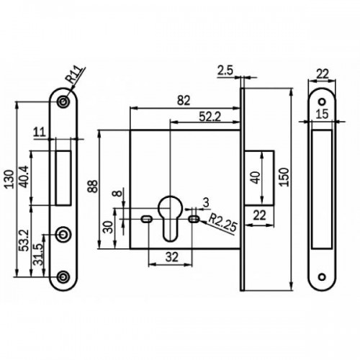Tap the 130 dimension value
point(9,179)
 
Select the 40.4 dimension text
point(24,176)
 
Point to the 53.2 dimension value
point(24,240)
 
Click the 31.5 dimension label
point(38,254)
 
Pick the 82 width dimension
point(184,101)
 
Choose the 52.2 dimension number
point(210,117)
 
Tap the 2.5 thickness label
point(225,71)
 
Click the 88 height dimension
point(93,186)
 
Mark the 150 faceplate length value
point(284,177)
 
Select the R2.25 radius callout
point(223,223)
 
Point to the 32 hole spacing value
point(172,257)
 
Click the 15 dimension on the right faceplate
point(322,114)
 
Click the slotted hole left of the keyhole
point(146,219)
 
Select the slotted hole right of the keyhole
point(194,219)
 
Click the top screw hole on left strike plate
point(63,102)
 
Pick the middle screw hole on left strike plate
point(63,234)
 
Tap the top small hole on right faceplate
point(322,102)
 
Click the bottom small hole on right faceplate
point(322,277)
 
